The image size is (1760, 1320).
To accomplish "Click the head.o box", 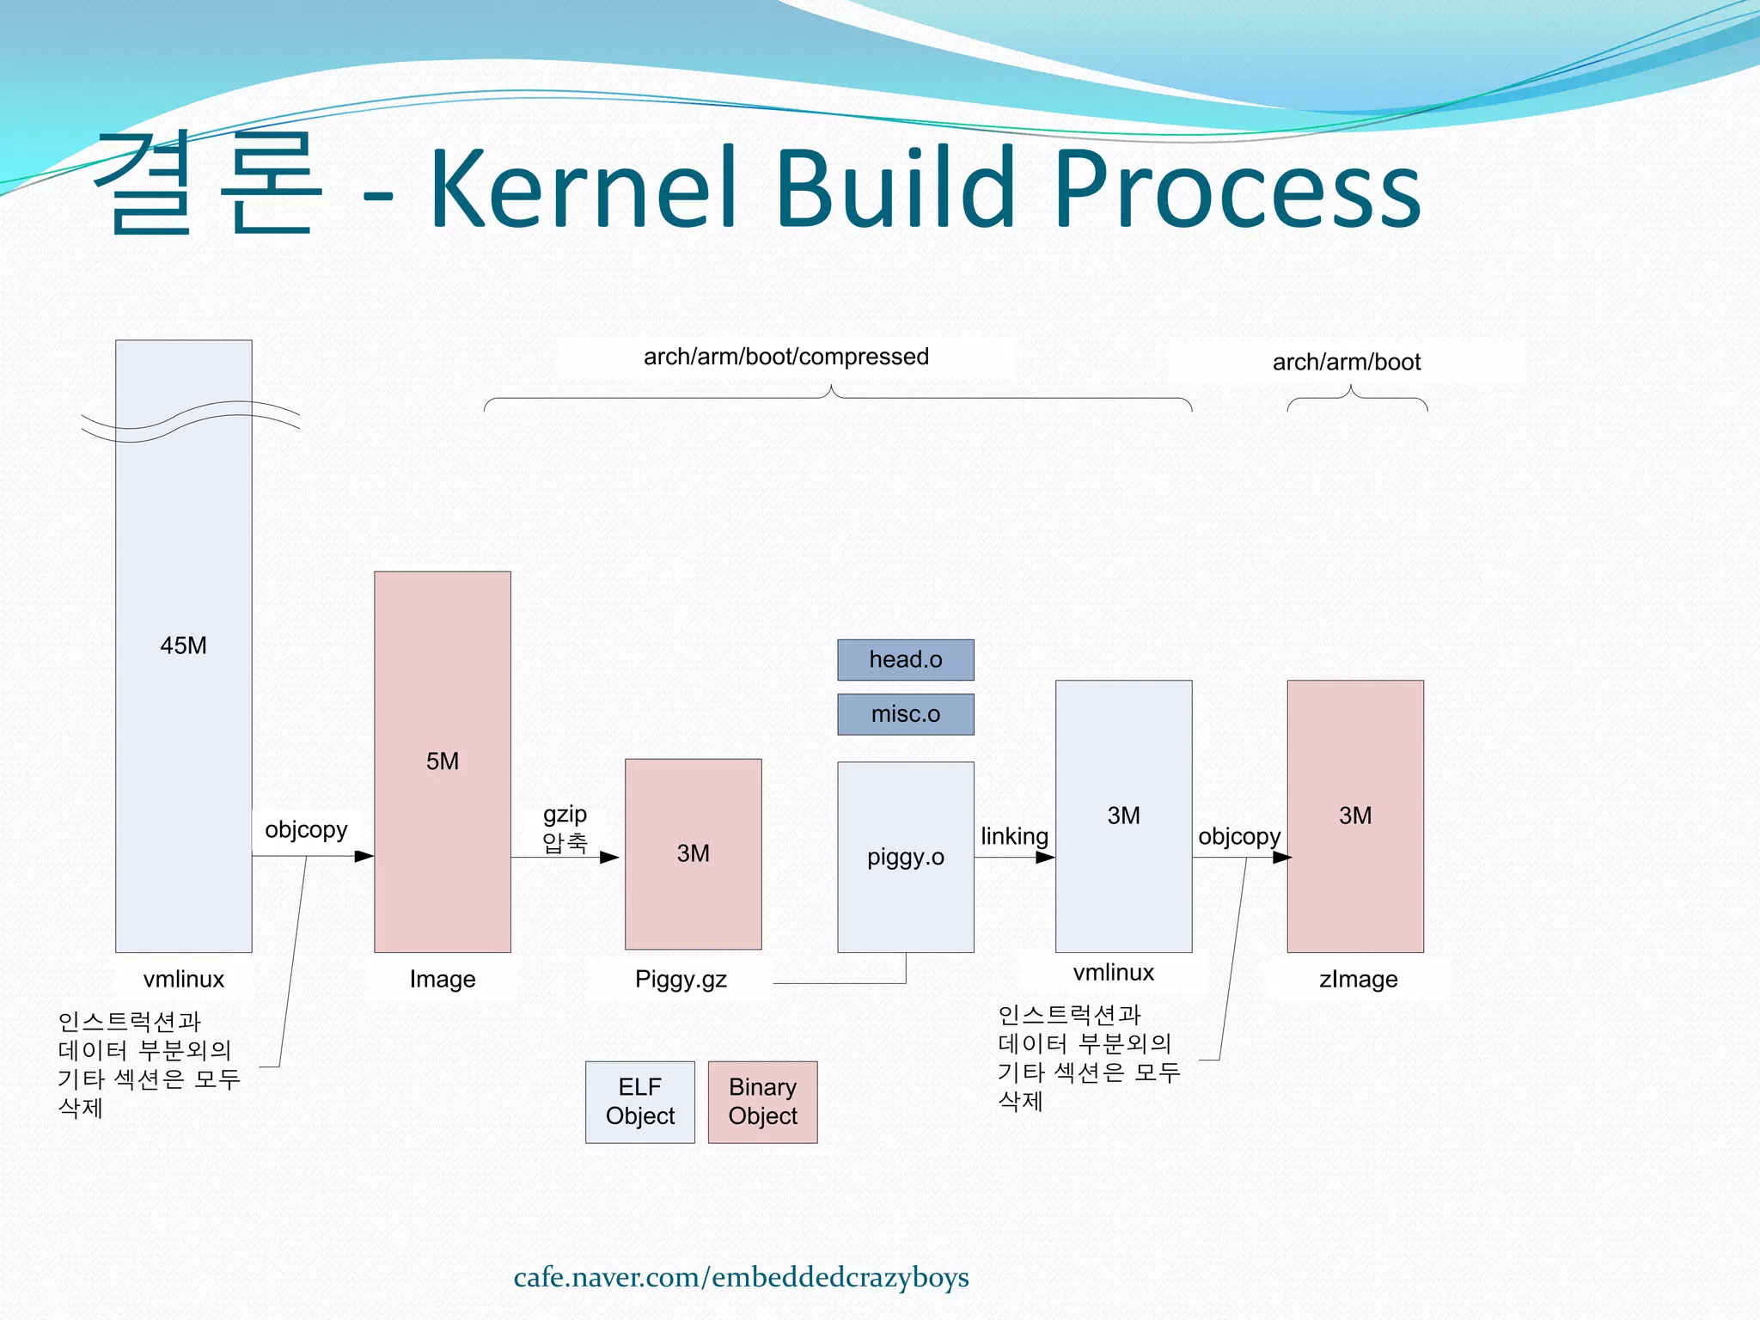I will [x=905, y=660].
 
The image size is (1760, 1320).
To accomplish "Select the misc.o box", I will [x=905, y=714].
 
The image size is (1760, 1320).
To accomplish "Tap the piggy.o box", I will [x=905, y=857].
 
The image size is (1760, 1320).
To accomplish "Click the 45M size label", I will [x=183, y=645].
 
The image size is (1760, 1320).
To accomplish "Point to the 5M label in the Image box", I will [x=442, y=761].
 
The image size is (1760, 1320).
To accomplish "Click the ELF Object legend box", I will [x=639, y=1102].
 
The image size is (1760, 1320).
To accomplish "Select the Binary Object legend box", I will [x=762, y=1102].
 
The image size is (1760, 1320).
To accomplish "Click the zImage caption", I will [x=1358, y=980].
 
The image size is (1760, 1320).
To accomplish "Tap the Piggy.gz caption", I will [x=681, y=980].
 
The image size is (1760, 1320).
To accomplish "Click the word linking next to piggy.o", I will [x=1014, y=836].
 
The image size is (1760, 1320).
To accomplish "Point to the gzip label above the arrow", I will [x=565, y=814].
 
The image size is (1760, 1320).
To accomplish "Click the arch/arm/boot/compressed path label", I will [x=785, y=357].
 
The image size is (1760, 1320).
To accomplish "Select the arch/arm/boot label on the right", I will [x=1346, y=363].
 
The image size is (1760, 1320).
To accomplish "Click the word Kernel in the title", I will [x=584, y=189].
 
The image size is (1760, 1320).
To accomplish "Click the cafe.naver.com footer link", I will [x=741, y=1278].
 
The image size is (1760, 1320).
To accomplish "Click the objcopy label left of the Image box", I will [x=306, y=830].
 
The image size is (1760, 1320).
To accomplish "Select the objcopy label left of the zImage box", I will [x=1238, y=837].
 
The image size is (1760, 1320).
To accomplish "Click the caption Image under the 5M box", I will [x=442, y=980].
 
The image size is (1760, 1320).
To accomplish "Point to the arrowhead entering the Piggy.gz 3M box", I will [x=609, y=857].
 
